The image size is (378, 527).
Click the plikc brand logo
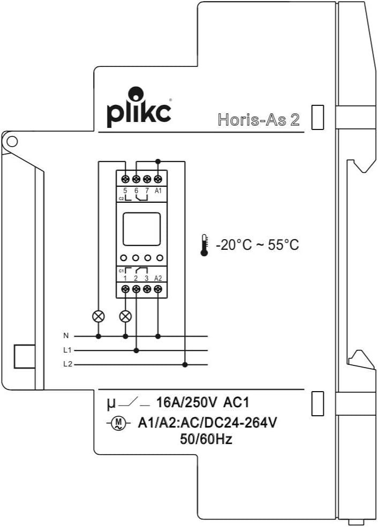(x=139, y=107)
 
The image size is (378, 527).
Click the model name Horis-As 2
(x=258, y=120)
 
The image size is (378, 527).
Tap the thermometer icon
(x=204, y=246)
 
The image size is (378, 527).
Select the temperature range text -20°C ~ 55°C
(x=258, y=245)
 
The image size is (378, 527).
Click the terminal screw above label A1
(x=158, y=179)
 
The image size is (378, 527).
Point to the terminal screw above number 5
(x=126, y=179)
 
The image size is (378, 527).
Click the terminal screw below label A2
(x=158, y=289)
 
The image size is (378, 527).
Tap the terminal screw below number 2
(x=136, y=289)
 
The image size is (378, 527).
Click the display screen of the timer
(x=141, y=229)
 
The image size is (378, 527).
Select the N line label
(x=66, y=335)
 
